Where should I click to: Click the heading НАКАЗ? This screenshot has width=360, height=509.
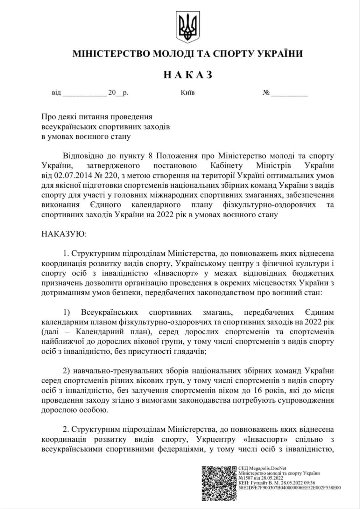187,75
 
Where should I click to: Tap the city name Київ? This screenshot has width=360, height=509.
187,93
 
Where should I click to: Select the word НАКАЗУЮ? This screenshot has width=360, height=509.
64,234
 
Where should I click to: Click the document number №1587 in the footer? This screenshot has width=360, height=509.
247,478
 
